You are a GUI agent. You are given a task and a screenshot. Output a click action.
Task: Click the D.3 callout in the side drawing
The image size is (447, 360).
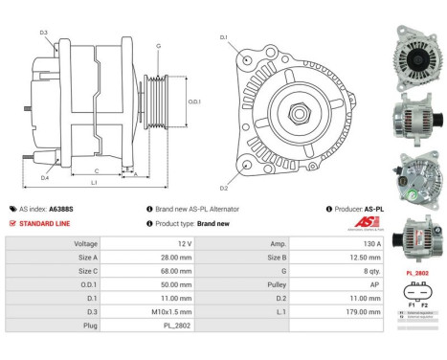click(44, 33)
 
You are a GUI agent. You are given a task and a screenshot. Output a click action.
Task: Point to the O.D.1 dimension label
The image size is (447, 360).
click(194, 101)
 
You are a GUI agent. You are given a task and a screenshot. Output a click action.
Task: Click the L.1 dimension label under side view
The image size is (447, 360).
click(94, 181)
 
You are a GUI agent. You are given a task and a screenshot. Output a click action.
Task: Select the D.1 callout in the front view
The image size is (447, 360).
click(223, 37)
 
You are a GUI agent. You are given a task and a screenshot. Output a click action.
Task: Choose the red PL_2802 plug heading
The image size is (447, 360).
click(416, 273)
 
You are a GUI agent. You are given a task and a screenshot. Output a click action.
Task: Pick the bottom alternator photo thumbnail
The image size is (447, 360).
click(415, 239)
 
